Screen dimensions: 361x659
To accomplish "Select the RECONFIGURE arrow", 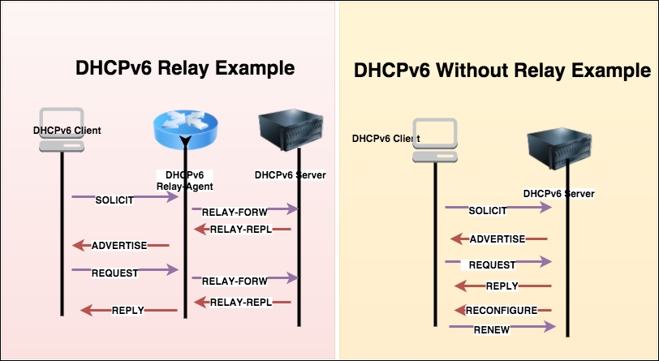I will tap(501, 310).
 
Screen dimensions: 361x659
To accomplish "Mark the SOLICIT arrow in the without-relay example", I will tap(496, 209).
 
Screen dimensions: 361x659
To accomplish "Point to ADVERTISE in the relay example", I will tap(120, 244).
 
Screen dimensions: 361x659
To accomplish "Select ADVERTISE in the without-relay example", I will tap(498, 239).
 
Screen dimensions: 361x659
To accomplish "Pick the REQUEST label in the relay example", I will tap(116, 272).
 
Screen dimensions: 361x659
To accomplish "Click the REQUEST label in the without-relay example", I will tap(492, 264).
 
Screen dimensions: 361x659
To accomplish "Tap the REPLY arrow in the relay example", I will tap(128, 310).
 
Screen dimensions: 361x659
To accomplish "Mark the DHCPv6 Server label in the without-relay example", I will tap(559, 194).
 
